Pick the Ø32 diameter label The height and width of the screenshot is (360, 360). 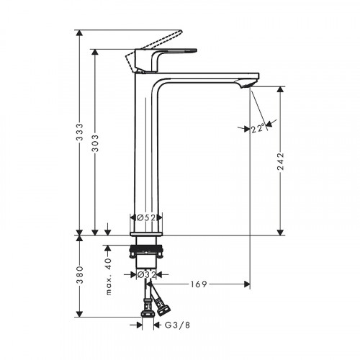(x=146, y=274)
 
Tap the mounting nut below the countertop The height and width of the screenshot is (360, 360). (x=146, y=253)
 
